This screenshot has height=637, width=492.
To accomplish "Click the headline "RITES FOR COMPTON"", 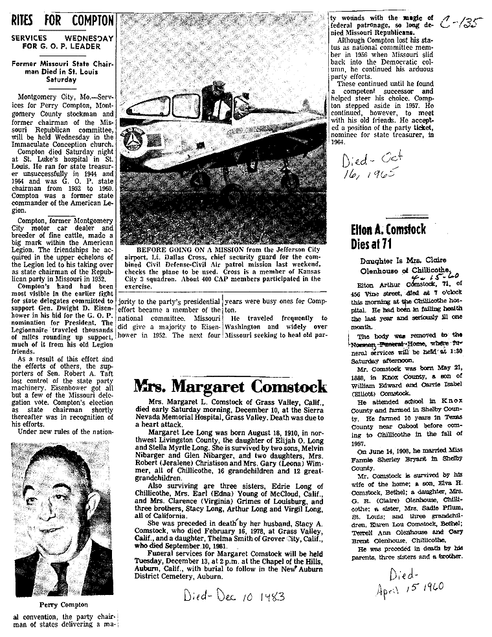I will click(x=63, y=20).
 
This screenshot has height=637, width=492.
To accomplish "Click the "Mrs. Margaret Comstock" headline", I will click(x=230, y=387).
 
